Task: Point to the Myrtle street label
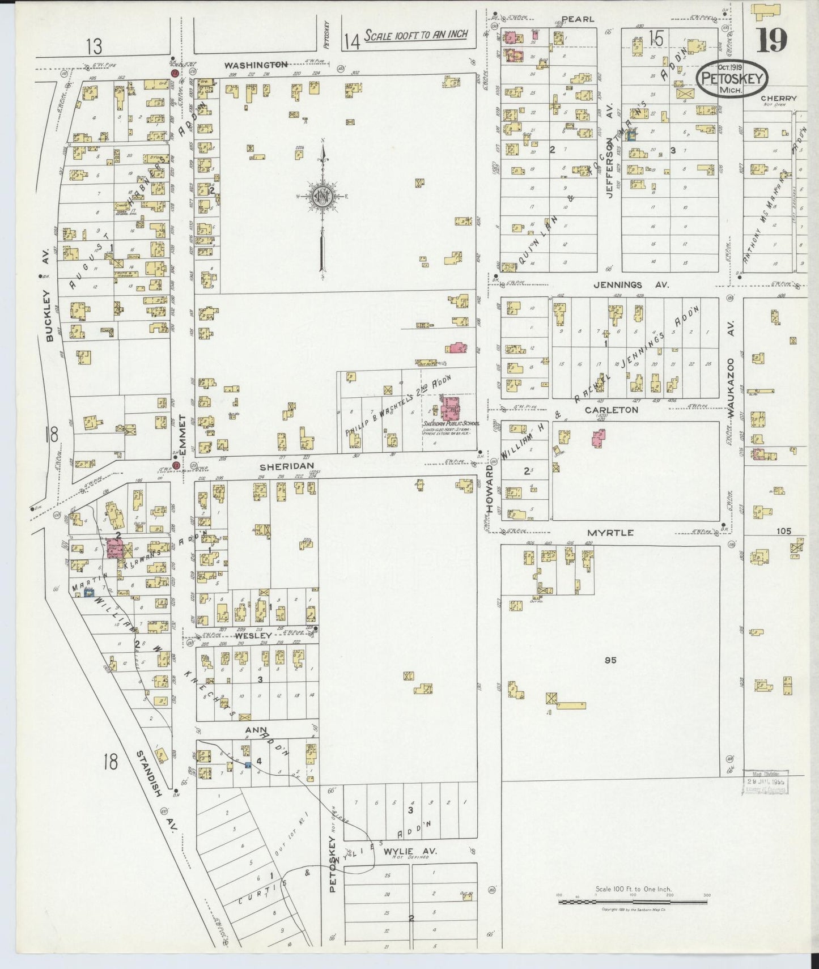point(610,533)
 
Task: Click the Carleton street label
point(612,409)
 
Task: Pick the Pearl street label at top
point(578,19)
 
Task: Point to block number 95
point(610,660)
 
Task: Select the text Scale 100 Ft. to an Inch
point(416,35)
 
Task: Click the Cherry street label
point(778,98)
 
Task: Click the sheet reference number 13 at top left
point(94,45)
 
